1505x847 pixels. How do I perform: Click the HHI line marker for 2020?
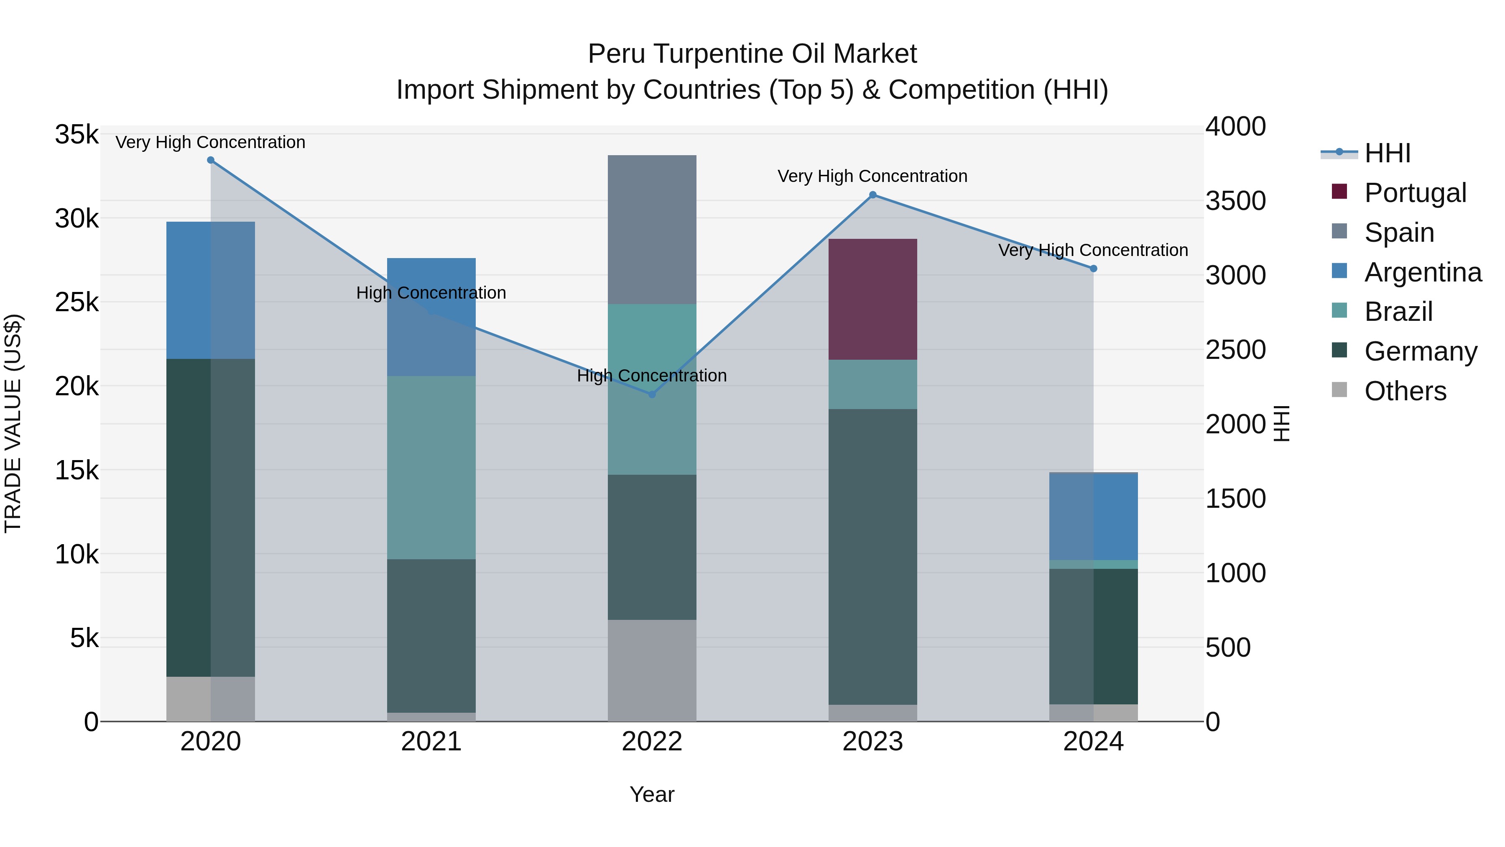click(x=211, y=160)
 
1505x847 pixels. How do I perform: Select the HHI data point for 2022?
click(x=652, y=394)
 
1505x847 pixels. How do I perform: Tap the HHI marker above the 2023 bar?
click(x=873, y=194)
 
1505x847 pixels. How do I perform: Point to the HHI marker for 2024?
click(x=1094, y=268)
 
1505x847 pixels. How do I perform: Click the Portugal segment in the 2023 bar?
click(x=873, y=299)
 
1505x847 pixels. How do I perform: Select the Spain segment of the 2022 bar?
click(x=652, y=229)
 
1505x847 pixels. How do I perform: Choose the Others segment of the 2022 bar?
click(x=652, y=670)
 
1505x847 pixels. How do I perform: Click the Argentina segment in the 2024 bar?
click(x=1094, y=516)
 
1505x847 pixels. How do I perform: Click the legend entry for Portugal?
click(x=1414, y=193)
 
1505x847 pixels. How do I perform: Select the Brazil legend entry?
click(x=1398, y=312)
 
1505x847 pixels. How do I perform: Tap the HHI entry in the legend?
click(x=1387, y=153)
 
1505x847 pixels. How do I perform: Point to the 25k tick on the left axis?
click(x=77, y=302)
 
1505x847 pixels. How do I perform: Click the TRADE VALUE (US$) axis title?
click(x=13, y=423)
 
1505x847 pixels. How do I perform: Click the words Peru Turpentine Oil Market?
click(x=752, y=54)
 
